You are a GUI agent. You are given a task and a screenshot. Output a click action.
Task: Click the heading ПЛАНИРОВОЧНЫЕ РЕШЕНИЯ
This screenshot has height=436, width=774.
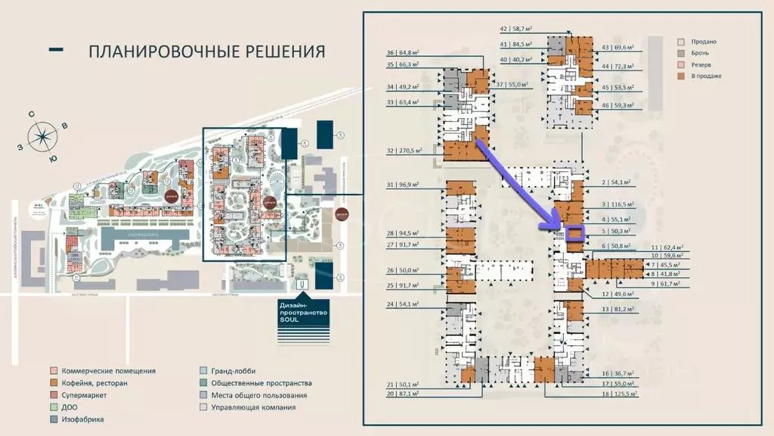[x=206, y=51]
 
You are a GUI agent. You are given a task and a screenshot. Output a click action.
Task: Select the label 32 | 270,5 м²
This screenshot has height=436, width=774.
[x=403, y=151]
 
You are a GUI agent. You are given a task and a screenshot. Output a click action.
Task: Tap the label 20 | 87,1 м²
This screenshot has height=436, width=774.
[x=401, y=394]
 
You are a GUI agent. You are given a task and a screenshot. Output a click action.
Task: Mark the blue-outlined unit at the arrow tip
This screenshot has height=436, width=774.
[x=574, y=235]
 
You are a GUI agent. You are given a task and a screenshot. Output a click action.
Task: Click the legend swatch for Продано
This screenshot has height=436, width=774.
[x=681, y=42]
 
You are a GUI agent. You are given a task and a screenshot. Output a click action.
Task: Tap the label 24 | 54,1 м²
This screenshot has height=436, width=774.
[x=401, y=304]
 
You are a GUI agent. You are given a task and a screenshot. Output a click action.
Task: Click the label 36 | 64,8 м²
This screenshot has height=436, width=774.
[x=403, y=53]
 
